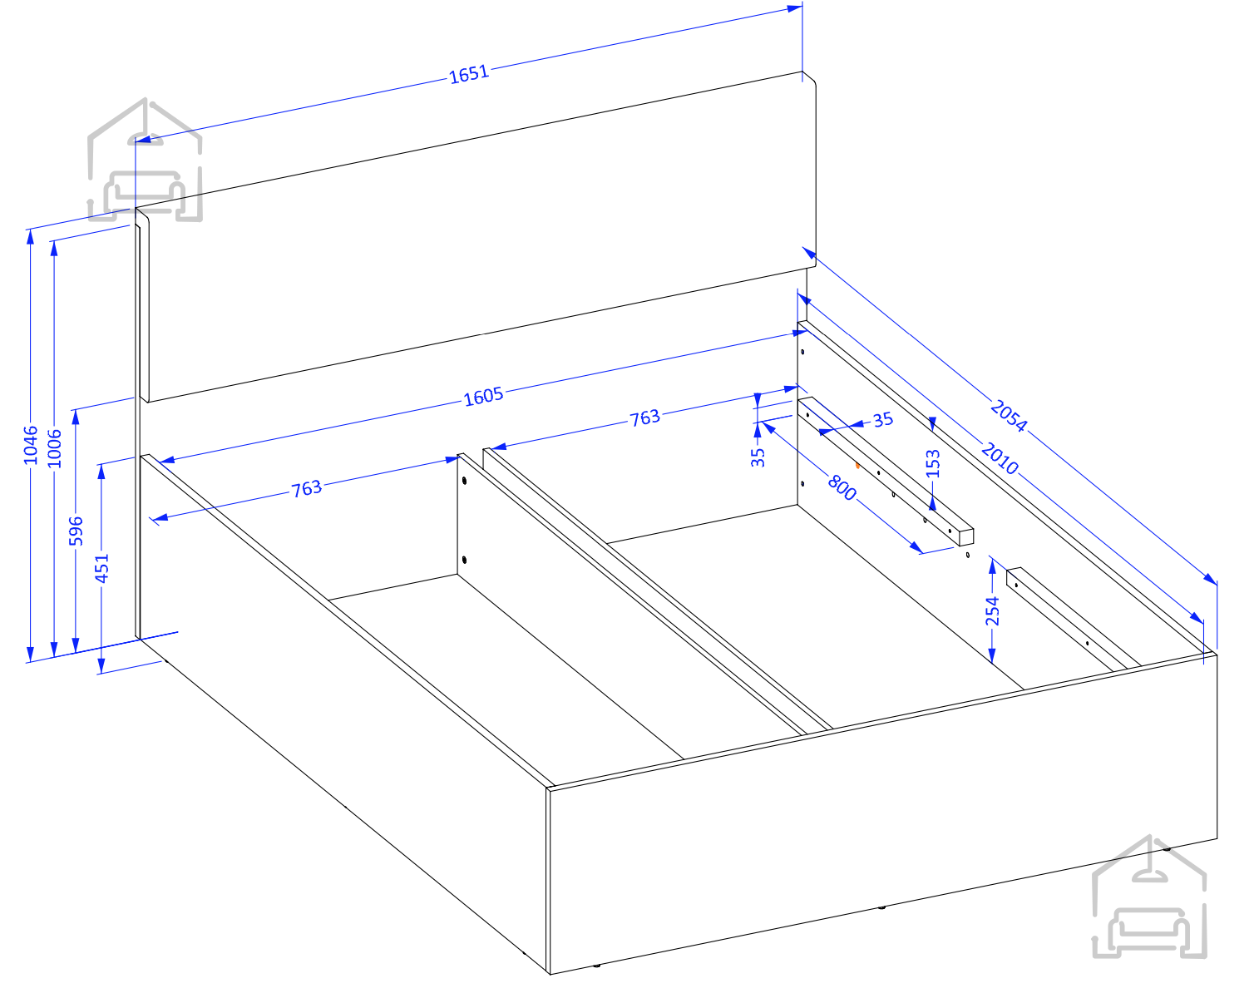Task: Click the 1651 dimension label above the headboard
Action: pos(469,75)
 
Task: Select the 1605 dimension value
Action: pos(484,397)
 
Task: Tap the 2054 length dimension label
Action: pos(1009,416)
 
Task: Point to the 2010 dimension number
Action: pos(1000,458)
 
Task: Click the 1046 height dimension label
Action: pos(30,446)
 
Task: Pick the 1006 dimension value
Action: pos(54,449)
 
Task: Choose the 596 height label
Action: pos(76,531)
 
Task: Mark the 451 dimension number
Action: pos(101,569)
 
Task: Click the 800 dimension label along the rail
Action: pos(842,488)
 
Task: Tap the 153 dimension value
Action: pos(934,464)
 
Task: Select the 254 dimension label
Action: pos(992,611)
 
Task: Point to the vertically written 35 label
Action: pos(758,457)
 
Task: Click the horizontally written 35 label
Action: pos(883,420)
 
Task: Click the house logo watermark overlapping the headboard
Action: pos(145,160)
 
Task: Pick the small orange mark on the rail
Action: pos(857,466)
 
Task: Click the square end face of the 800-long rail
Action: pos(967,537)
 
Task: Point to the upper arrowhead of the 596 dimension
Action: pos(76,418)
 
